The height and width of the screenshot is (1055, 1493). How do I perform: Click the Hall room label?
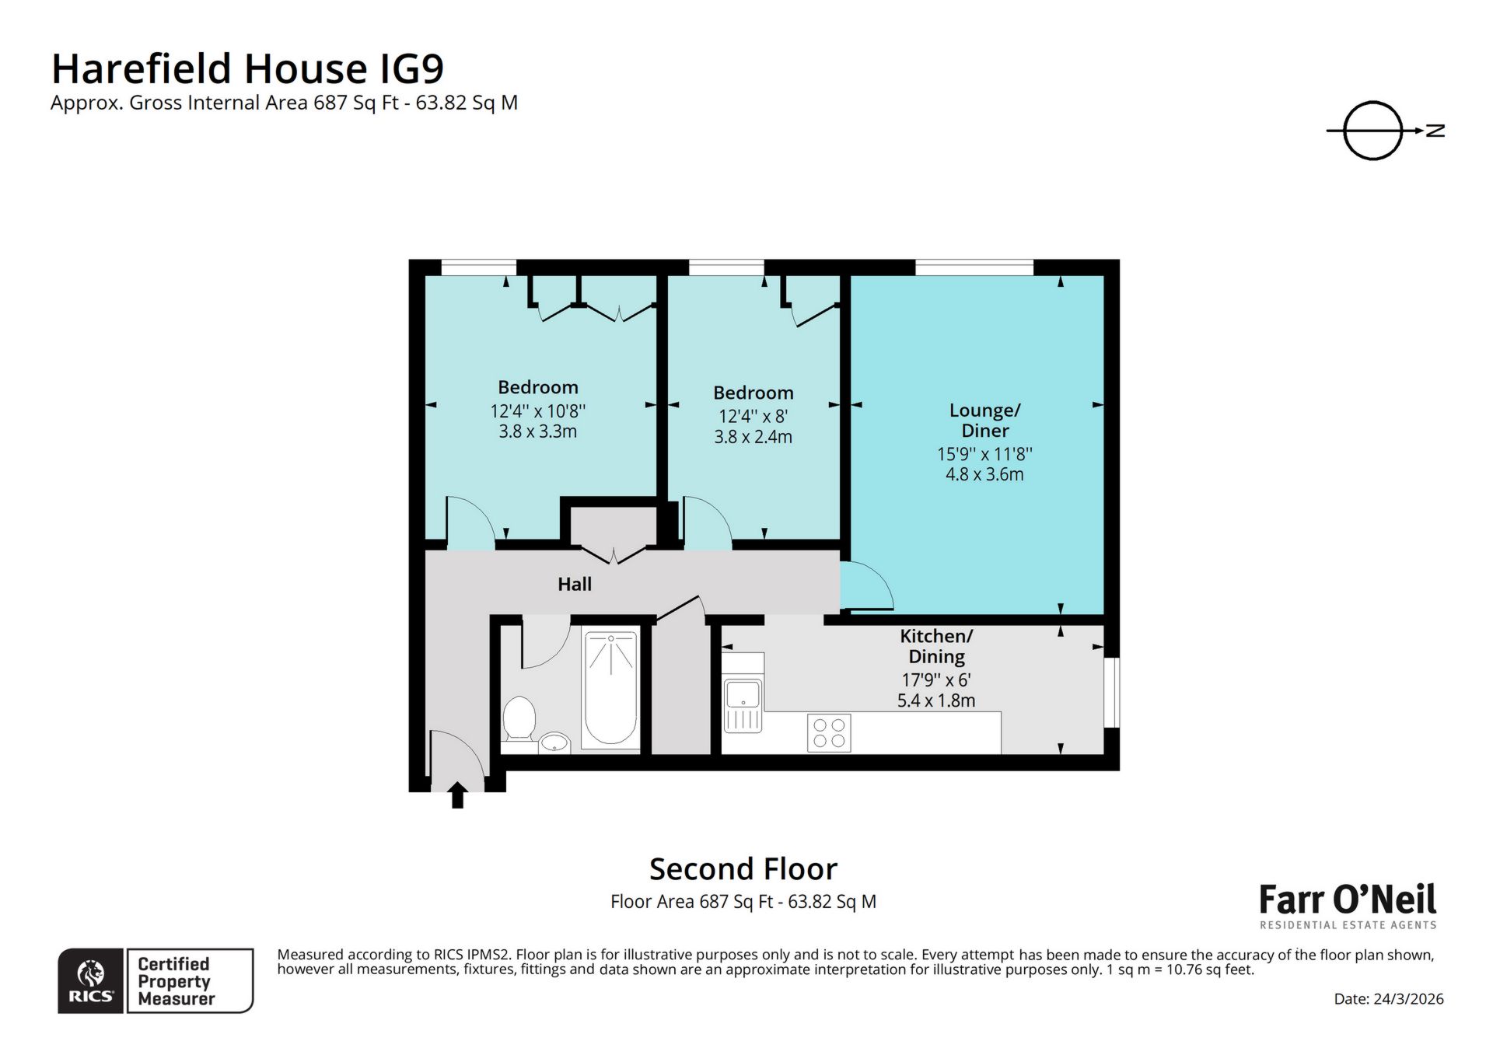[x=574, y=584]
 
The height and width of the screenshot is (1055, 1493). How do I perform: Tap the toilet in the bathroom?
[x=519, y=718]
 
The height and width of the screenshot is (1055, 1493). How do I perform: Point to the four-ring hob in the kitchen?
[x=829, y=732]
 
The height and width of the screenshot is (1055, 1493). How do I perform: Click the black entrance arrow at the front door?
[x=457, y=795]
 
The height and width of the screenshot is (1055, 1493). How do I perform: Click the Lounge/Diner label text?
[x=984, y=420]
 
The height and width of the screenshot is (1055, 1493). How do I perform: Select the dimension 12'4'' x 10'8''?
[x=537, y=410]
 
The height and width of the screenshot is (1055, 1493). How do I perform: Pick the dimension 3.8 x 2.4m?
[x=753, y=437]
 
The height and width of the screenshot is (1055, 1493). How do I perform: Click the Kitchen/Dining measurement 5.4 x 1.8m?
[x=935, y=700]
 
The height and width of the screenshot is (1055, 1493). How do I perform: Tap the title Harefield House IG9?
[x=247, y=68]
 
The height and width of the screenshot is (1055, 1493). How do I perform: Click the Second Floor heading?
[x=743, y=869]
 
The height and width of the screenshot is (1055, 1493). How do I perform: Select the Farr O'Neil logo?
[x=1347, y=904]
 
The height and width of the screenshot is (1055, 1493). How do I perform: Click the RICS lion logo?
[x=91, y=980]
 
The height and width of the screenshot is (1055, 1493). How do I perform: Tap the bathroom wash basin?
[x=554, y=742]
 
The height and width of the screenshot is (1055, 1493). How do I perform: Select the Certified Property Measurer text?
[x=175, y=981]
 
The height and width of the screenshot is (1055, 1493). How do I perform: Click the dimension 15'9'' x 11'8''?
[x=984, y=454]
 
